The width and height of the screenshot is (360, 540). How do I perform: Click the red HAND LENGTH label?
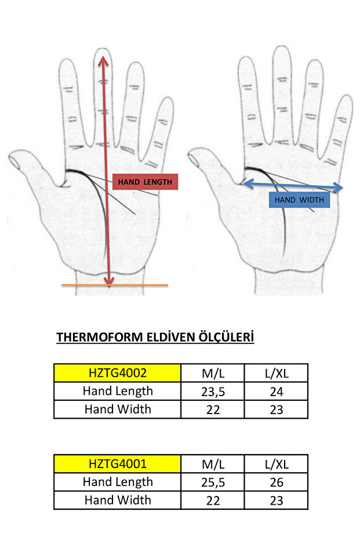pos(145,182)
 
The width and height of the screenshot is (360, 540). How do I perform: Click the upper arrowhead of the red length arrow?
pos(103,59)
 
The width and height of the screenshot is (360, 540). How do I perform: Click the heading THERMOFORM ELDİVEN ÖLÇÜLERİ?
pos(155,338)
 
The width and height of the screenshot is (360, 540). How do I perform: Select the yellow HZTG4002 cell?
pos(117,373)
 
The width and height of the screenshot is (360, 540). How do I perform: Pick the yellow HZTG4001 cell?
pos(117,464)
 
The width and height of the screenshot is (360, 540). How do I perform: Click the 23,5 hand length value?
pos(213,392)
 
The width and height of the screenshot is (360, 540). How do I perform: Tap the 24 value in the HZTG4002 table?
pos(277,392)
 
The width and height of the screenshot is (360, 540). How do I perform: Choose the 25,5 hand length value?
pos(213,483)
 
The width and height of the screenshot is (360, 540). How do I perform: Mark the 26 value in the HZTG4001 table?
pos(277,483)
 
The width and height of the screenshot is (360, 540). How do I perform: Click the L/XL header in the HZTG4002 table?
pos(277,373)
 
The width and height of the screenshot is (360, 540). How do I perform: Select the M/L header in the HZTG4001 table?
pos(213,464)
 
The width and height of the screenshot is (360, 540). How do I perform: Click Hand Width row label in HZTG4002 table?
pos(117,409)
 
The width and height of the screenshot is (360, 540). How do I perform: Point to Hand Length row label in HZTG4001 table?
pos(117,482)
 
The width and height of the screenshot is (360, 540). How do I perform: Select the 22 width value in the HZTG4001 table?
pos(213,501)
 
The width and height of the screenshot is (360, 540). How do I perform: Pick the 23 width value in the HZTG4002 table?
pos(277,409)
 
